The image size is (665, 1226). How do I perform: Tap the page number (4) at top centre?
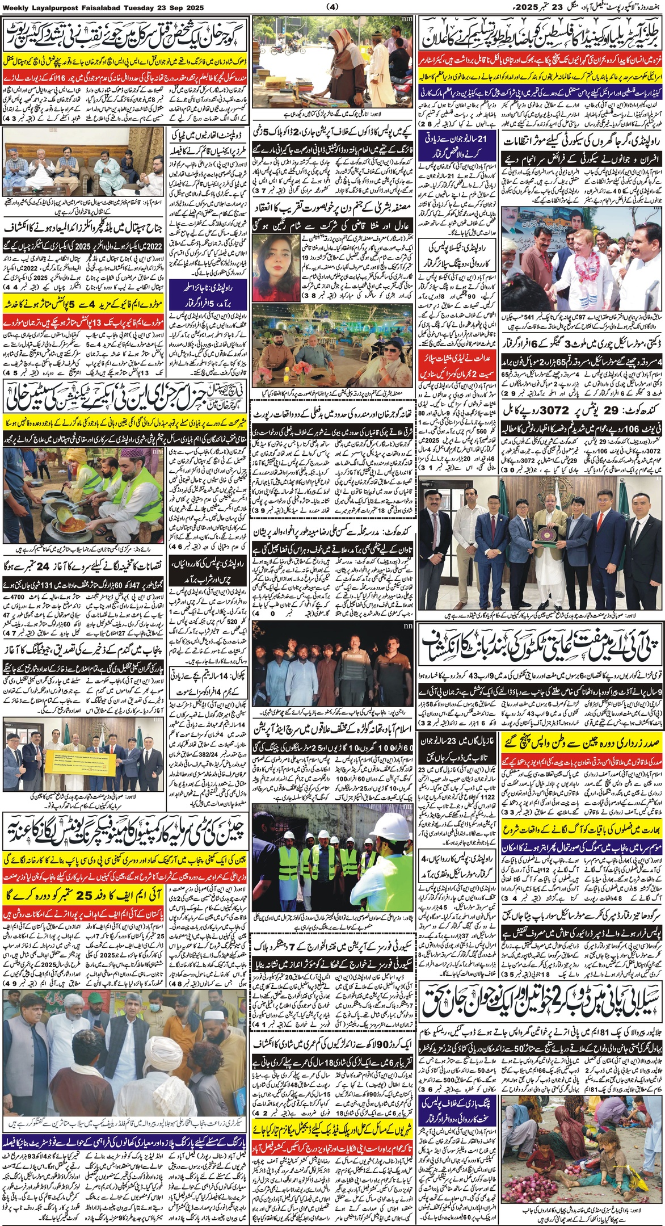[x=332, y=7]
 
